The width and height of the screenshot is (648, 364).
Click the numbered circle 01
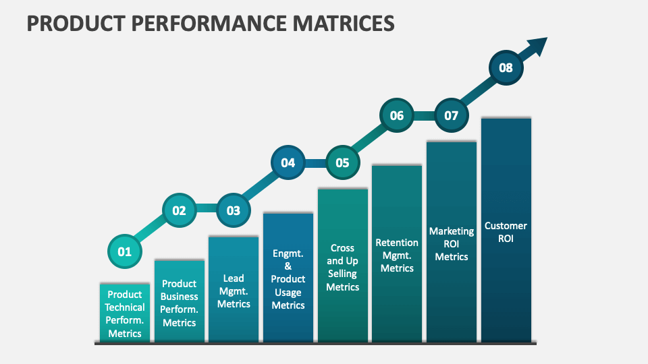tap(125, 252)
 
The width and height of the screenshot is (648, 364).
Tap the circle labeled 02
tap(179, 210)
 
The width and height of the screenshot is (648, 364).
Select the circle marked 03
tap(234, 210)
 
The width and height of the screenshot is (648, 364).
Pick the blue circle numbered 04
tap(288, 162)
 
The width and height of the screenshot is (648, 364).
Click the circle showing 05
tap(342, 162)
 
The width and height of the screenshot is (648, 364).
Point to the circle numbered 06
tap(397, 115)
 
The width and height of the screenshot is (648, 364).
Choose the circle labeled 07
tap(451, 115)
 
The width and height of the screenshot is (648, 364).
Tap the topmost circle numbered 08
tap(506, 67)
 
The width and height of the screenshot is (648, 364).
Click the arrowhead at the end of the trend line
tap(537, 46)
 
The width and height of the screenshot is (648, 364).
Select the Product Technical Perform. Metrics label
tap(125, 313)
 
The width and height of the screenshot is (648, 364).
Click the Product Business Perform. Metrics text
tap(180, 303)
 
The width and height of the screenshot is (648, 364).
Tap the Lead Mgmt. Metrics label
tap(234, 291)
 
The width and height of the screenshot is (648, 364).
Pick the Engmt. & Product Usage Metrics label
tap(288, 279)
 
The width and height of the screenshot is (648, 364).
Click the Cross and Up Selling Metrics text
tap(342, 267)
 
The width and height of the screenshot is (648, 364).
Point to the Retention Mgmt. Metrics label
tap(397, 255)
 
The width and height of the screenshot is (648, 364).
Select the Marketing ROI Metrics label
tap(452, 243)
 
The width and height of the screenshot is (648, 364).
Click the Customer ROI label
tap(506, 232)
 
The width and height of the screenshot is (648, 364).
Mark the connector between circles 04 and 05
tap(315, 162)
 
